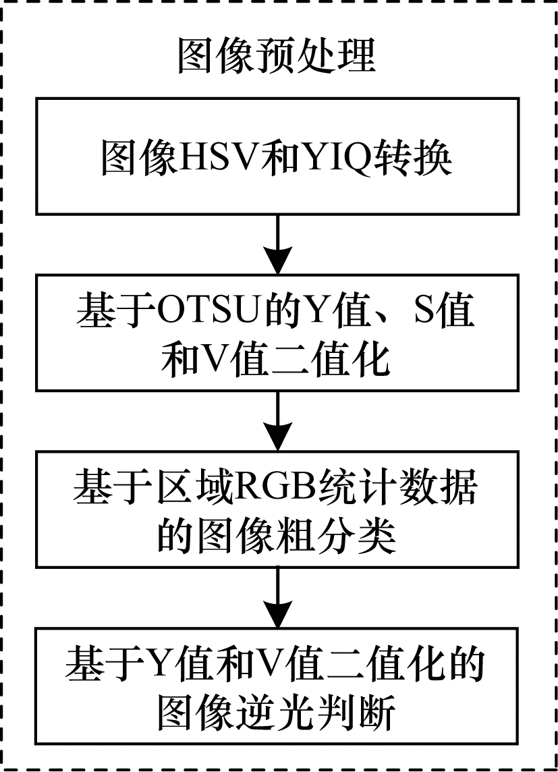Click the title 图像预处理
(x=277, y=55)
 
